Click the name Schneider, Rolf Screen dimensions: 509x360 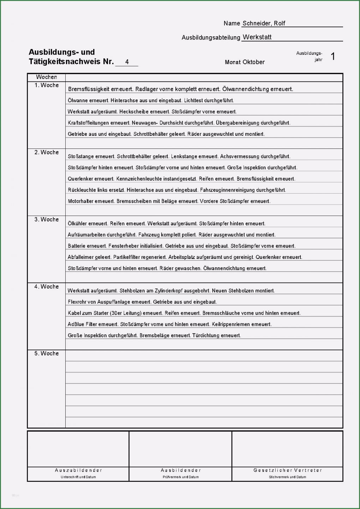264,23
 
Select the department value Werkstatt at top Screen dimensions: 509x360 257,37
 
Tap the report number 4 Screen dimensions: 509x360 127,62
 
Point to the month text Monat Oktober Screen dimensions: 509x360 245,62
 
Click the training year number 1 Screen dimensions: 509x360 333,56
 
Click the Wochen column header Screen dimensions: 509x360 46,77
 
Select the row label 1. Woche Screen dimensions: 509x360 47,85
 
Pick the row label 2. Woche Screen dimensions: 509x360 47,152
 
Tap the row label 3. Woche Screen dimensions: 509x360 47,219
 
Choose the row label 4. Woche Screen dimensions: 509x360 47,286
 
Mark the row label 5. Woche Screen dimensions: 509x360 47,353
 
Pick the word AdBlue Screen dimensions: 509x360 76,324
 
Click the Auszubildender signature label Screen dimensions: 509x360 78,470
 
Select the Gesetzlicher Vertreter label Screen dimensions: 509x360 288,470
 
